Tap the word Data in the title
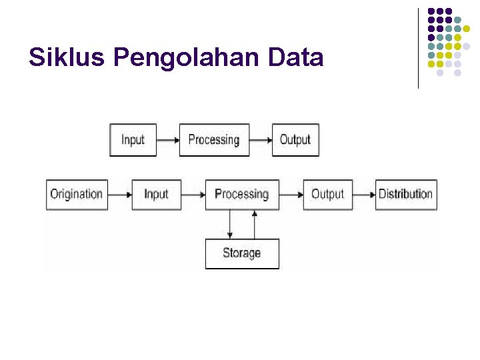pyautogui.click(x=295, y=59)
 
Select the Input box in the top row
pyautogui.click(x=133, y=140)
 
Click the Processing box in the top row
pyautogui.click(x=214, y=140)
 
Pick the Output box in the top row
pyautogui.click(x=295, y=140)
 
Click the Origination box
pyautogui.click(x=77, y=195)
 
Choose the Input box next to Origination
pyautogui.click(x=156, y=195)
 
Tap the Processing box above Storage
pyautogui.click(x=241, y=195)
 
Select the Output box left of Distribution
pyautogui.click(x=327, y=195)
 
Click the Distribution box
pyautogui.click(x=405, y=195)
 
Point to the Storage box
pyautogui.click(x=241, y=253)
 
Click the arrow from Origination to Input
pyautogui.click(x=119, y=195)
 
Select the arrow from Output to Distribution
pyautogui.click(x=363, y=195)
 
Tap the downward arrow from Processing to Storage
pyautogui.click(x=230, y=224)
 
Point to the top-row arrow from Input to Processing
pyautogui.click(x=168, y=140)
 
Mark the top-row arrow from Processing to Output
pyautogui.click(x=261, y=140)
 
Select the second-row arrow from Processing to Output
pyautogui.click(x=291, y=195)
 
